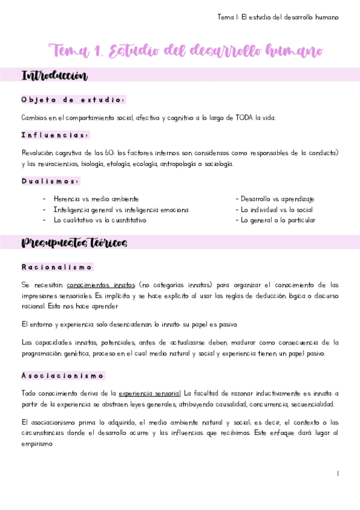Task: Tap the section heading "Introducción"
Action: pos(55,76)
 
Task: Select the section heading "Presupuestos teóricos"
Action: pos(74,243)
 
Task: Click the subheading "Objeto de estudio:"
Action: pos(73,100)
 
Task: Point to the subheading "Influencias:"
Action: pos(55,135)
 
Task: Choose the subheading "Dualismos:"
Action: pos(50,181)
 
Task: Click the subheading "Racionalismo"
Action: pos(57,267)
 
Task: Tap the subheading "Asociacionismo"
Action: pos(63,375)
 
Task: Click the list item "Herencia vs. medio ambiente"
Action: pos(96,198)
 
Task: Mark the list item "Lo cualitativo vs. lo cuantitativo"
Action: pos(100,220)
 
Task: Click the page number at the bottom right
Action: pos(338,474)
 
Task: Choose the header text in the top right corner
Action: pos(278,17)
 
